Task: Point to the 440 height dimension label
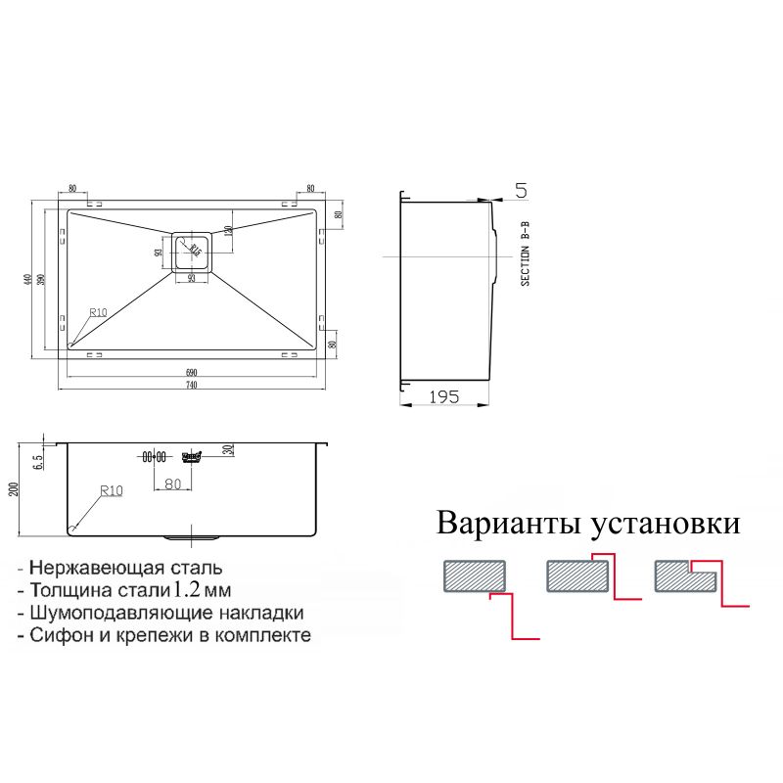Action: [29, 280]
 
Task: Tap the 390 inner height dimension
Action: [41, 280]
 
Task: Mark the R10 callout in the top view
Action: [97, 313]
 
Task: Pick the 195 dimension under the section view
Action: [444, 396]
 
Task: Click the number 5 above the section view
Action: [521, 190]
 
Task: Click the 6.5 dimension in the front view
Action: [36, 459]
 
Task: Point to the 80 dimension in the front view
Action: [173, 483]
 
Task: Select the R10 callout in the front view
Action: [110, 491]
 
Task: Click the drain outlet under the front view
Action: [192, 537]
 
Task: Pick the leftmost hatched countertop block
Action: [474, 576]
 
